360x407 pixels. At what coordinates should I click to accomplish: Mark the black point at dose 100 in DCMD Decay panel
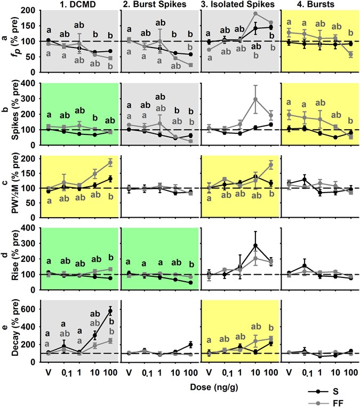pyautogui.click(x=110, y=310)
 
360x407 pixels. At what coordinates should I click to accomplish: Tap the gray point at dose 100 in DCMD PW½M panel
pyautogui.click(x=110, y=162)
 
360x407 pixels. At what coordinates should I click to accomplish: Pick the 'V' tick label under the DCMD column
pyautogui.click(x=49, y=371)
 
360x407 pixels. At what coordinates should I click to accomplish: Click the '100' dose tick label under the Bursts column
pyautogui.click(x=349, y=371)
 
